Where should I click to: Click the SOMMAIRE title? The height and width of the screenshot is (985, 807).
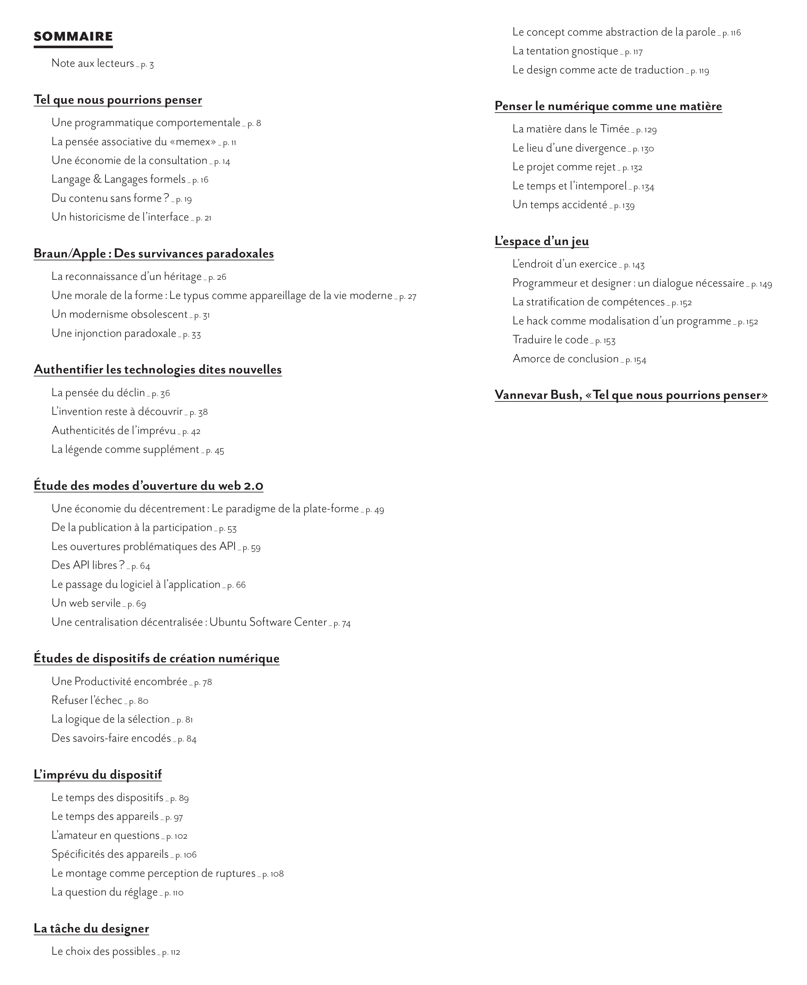click(x=73, y=37)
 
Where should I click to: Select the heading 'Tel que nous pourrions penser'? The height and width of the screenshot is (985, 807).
click(x=118, y=100)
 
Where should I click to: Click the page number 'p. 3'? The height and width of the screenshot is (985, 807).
click(x=147, y=64)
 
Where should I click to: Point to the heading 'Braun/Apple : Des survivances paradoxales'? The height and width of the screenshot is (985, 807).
click(x=153, y=254)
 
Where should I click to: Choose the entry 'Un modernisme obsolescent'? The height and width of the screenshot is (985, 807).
click(x=119, y=315)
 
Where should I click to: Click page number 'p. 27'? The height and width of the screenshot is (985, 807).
click(x=408, y=296)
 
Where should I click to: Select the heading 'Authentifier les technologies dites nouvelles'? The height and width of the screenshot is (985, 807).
click(x=158, y=370)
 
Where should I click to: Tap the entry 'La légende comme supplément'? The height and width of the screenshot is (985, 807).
click(x=125, y=450)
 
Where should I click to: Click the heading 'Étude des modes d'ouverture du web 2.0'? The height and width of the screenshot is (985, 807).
click(x=148, y=486)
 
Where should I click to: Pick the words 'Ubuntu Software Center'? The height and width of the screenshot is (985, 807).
click(x=268, y=622)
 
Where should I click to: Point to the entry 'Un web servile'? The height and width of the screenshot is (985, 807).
click(x=86, y=603)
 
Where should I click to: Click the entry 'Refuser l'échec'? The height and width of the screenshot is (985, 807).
click(x=87, y=700)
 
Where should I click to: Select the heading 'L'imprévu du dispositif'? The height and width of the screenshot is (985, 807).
click(x=98, y=775)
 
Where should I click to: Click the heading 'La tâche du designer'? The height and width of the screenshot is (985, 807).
click(x=91, y=928)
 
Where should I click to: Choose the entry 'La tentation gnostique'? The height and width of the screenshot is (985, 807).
click(x=565, y=51)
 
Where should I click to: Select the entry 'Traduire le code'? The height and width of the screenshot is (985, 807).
click(x=550, y=340)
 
